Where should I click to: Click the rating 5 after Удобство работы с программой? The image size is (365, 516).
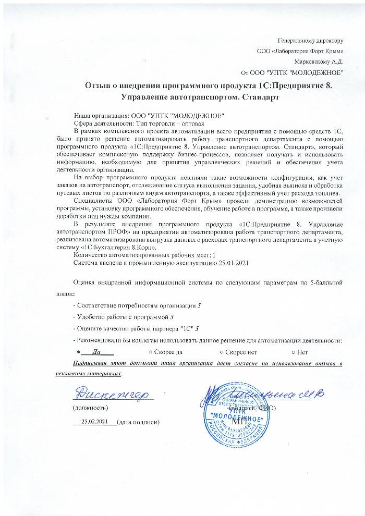(x=172, y=316)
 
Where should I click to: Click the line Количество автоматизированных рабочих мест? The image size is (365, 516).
(x=145, y=255)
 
